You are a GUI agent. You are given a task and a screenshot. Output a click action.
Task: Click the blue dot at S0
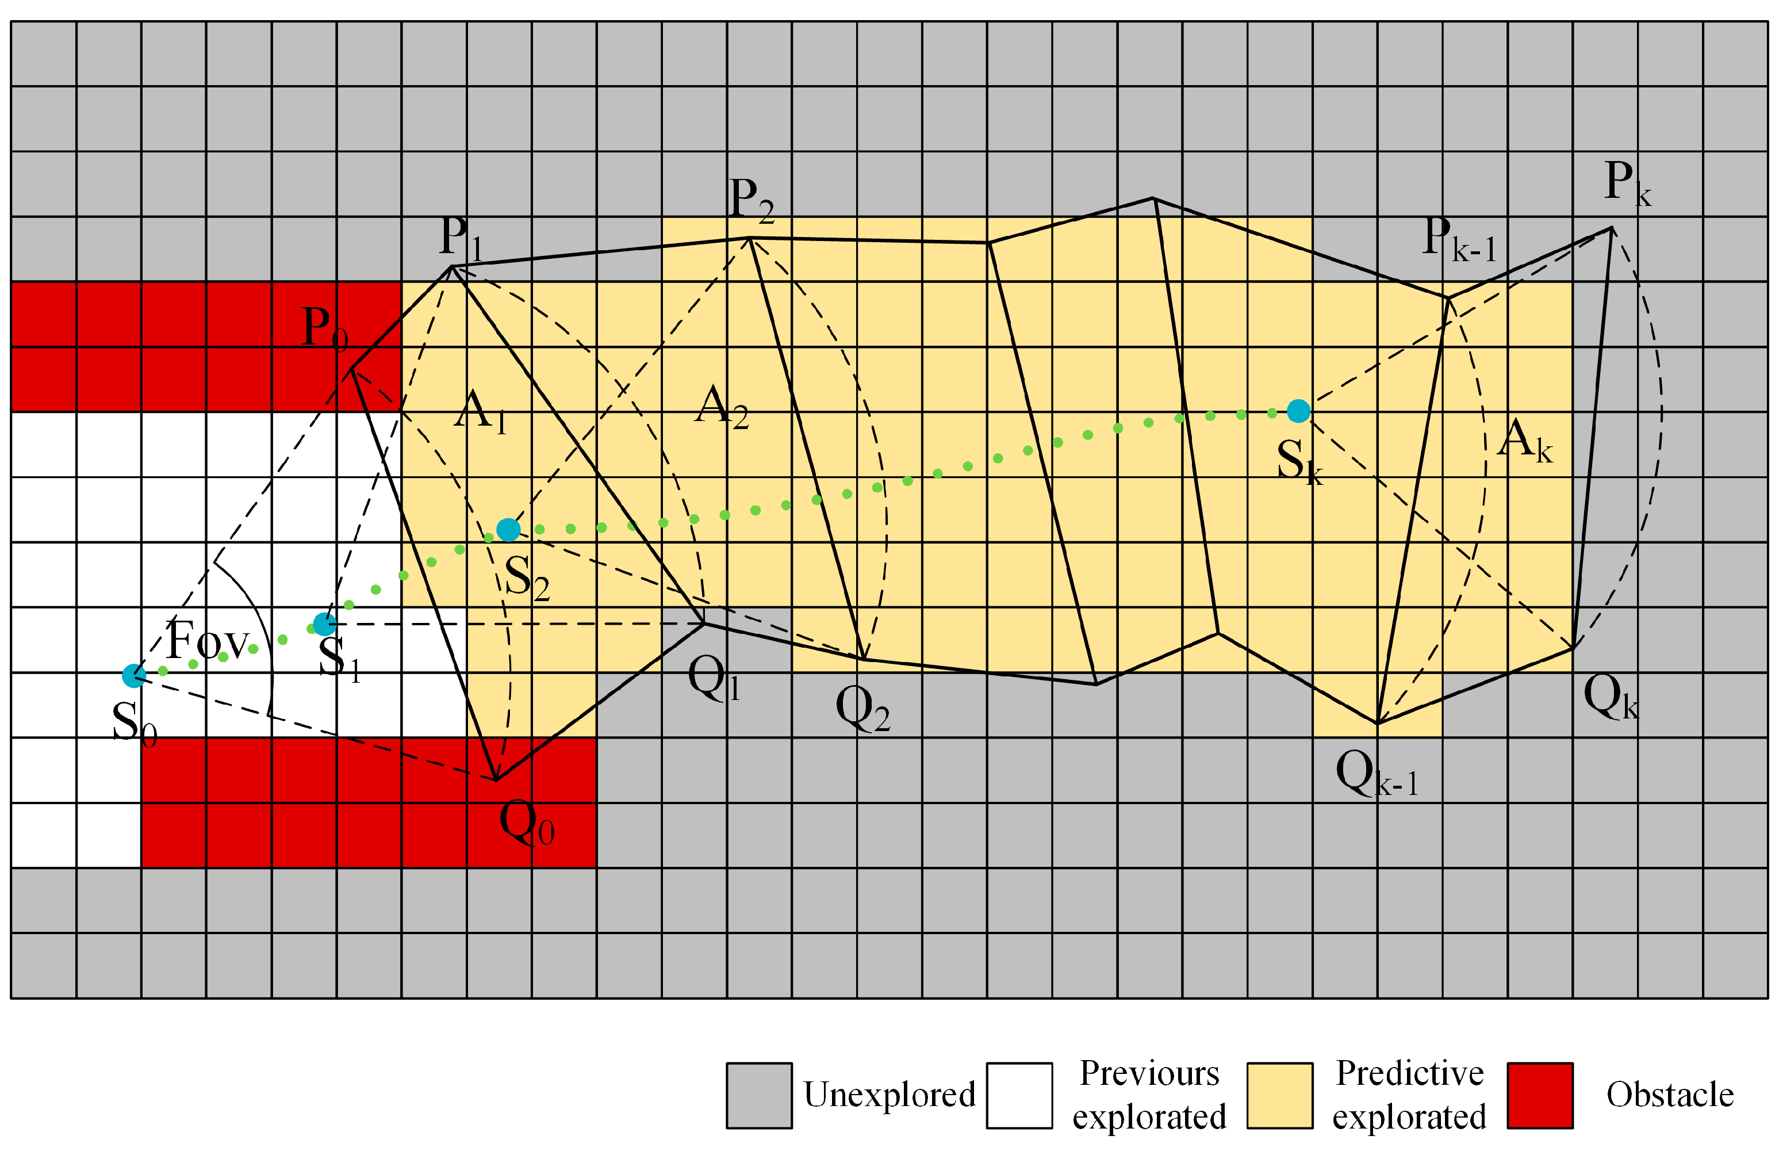[x=134, y=676]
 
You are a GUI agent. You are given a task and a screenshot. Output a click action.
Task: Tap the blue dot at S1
[x=324, y=624]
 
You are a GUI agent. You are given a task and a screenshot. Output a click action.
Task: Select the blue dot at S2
[x=508, y=530]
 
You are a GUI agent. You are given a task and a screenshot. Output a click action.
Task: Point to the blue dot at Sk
[x=1298, y=411]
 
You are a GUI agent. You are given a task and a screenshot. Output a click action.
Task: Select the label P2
[x=751, y=200]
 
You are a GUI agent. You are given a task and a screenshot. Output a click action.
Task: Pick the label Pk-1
[x=1458, y=239]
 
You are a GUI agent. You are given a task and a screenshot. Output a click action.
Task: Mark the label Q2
[x=862, y=708]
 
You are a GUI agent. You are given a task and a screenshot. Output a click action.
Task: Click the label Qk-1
[x=1376, y=773]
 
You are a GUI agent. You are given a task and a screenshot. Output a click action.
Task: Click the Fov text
[x=206, y=641]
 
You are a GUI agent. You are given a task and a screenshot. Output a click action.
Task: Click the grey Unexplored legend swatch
[x=759, y=1095]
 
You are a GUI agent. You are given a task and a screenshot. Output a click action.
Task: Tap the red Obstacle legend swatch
[x=1540, y=1095]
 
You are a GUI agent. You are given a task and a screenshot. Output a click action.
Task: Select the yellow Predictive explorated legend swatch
[x=1280, y=1095]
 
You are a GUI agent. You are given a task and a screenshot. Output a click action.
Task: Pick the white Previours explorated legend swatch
[x=1019, y=1095]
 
